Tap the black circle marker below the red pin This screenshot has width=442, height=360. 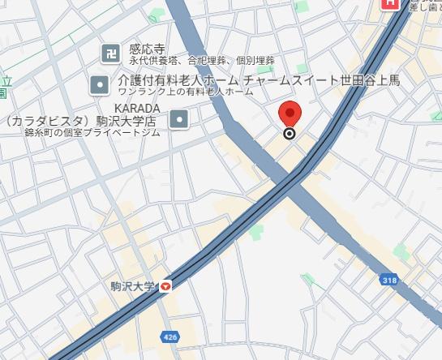290,134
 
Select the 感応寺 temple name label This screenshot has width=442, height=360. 145,49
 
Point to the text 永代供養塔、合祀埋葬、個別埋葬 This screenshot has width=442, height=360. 201,60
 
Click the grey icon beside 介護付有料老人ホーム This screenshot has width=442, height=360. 100,83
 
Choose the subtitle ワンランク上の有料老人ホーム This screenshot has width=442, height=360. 185,92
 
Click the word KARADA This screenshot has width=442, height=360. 137,108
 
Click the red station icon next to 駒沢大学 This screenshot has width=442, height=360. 165,285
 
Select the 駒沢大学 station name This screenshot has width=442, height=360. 132,285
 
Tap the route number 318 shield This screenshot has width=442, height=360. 390,280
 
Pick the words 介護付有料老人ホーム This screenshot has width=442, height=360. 178,80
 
